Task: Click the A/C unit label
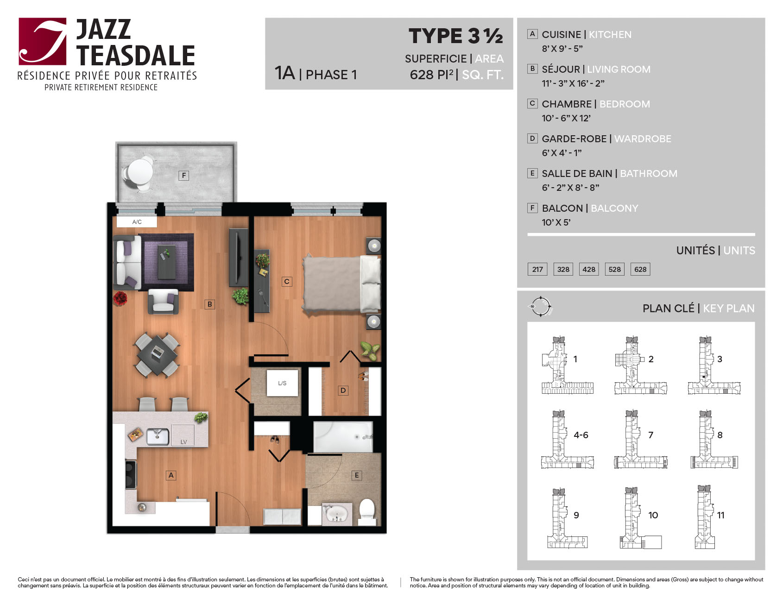coord(137,222)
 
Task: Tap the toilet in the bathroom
coord(367,511)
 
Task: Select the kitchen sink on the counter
coord(158,436)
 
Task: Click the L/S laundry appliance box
coord(282,383)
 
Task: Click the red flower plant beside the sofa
coord(120,298)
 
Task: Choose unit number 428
coord(589,269)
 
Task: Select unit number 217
coord(537,269)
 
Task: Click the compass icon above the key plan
coord(541,306)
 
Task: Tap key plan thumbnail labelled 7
coord(641,439)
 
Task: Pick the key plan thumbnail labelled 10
coord(641,518)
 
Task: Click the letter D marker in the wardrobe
coord(343,391)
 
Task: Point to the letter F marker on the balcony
coord(184,176)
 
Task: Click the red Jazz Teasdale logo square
coord(43,41)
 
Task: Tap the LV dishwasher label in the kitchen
coord(183,442)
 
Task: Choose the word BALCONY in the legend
coord(614,208)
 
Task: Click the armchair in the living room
coord(163,302)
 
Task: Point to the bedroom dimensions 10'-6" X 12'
coord(566,118)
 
